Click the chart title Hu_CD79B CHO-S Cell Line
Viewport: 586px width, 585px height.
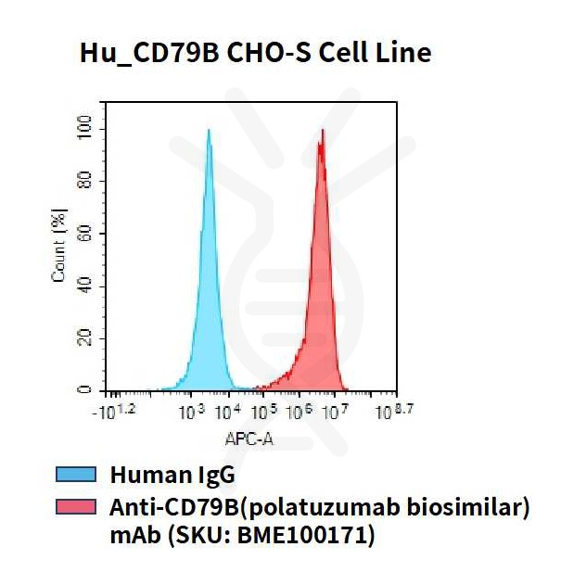(254, 53)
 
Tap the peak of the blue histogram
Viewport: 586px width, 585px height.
(209, 132)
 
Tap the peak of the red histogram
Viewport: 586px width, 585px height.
(322, 132)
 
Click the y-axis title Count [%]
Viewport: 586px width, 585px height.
(59, 246)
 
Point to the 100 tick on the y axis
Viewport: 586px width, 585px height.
(86, 125)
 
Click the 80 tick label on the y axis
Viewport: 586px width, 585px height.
(86, 179)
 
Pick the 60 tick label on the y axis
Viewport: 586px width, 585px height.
(86, 232)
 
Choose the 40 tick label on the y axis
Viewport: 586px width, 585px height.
(86, 285)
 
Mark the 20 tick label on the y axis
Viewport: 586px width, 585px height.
(86, 337)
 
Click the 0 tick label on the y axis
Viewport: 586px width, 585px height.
(86, 390)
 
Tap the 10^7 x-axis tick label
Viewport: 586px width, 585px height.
(336, 410)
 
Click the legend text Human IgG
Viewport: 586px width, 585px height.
(172, 476)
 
